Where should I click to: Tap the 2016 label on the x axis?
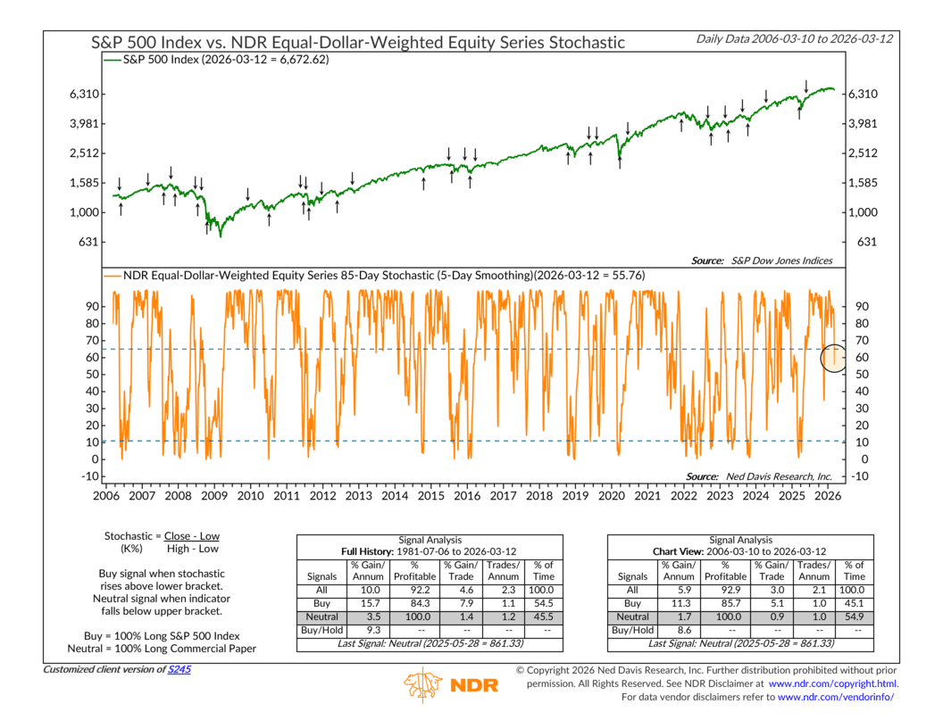pyautogui.click(x=467, y=495)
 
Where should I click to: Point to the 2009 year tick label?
pyautogui.click(x=213, y=495)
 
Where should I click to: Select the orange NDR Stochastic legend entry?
pyautogui.click(x=374, y=275)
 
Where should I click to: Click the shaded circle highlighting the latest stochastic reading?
pyautogui.click(x=834, y=358)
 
